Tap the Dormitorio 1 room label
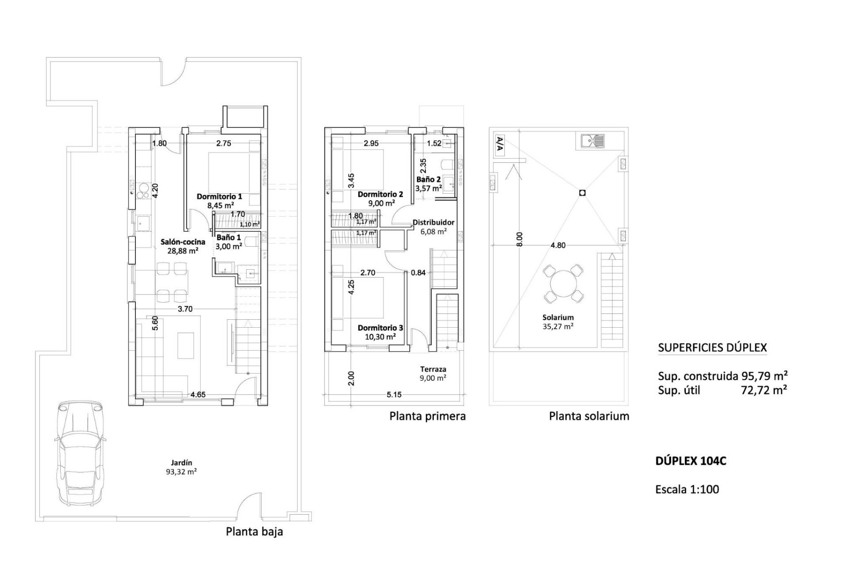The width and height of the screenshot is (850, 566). pos(220,196)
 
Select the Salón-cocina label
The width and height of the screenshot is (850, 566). pos(183,242)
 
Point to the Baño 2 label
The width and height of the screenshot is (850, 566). pos(429,180)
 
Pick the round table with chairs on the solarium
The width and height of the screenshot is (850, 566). pos(563,283)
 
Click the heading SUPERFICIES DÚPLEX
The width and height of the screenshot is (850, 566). pos(712,348)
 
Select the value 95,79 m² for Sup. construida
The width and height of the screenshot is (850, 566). pos(765,376)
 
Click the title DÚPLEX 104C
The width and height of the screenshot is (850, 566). pos(691,461)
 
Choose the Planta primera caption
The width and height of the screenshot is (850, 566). pos(428,416)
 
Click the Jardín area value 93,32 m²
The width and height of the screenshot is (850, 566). pos(181,471)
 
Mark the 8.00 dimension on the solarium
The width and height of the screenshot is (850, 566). pos(520,239)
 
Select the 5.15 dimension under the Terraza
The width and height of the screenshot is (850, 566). pos(394,394)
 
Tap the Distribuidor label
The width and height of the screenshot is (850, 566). pos(433,222)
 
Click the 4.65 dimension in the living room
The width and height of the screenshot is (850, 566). pos(197,394)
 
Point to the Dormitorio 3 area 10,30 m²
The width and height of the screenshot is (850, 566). pos(380,337)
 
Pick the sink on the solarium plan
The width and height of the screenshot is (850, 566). pos(593,141)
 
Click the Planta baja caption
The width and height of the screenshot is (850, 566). pos(254,532)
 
